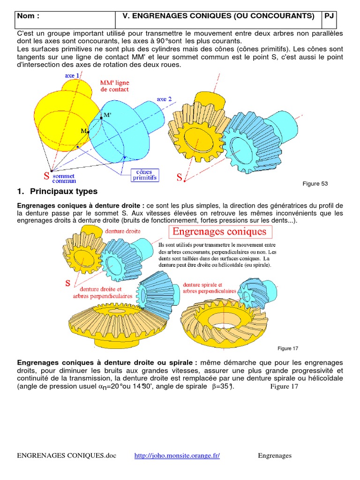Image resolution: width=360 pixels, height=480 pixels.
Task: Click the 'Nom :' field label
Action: point(28,16)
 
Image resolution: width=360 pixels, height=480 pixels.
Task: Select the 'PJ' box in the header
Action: point(329,16)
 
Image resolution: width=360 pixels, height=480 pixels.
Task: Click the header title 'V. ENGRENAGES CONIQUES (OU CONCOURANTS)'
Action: point(218,16)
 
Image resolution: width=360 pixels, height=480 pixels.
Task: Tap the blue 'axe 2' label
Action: point(164,99)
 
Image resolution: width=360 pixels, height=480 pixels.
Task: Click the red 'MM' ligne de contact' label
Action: point(114,86)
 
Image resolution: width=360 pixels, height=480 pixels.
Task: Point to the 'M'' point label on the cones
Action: point(107,115)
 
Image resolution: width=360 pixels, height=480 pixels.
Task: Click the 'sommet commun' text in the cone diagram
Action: point(63,178)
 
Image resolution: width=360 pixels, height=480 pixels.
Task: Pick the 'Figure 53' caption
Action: point(315,184)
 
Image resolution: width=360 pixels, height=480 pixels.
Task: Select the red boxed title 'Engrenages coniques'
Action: point(220,232)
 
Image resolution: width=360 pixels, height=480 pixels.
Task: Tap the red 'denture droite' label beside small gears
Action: point(123,232)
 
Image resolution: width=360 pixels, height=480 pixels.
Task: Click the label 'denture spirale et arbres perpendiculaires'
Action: point(209,288)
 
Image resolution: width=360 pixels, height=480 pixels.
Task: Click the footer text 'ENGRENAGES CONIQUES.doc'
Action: point(66,456)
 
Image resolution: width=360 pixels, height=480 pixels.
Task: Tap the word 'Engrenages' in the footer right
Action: point(275,456)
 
